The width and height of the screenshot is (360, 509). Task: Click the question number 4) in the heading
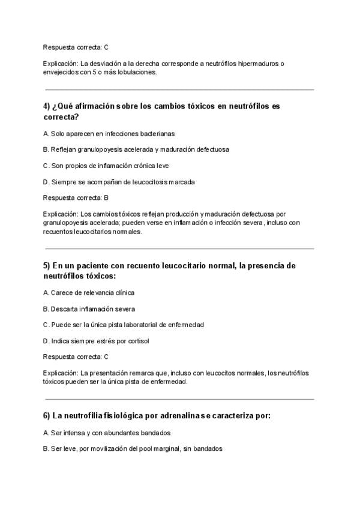pos(47,106)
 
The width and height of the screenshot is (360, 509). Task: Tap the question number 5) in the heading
pos(47,265)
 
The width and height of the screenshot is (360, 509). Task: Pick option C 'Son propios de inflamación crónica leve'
pos(110,165)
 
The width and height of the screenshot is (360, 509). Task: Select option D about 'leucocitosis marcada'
pos(119,181)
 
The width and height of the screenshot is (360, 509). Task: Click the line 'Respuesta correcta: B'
pos(76,197)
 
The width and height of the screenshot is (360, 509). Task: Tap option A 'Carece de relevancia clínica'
pos(89,292)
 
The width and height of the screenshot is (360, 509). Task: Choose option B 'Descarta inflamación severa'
pos(89,309)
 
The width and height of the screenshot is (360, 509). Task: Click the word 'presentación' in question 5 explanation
pos(112,373)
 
